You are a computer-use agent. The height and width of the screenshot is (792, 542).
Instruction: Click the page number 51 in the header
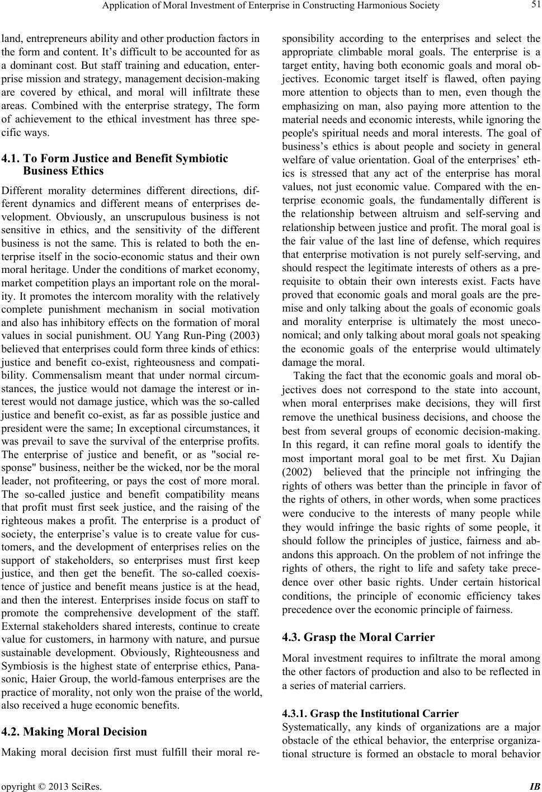[534, 6]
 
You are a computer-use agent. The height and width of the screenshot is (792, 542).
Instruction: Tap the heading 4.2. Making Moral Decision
[74, 732]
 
